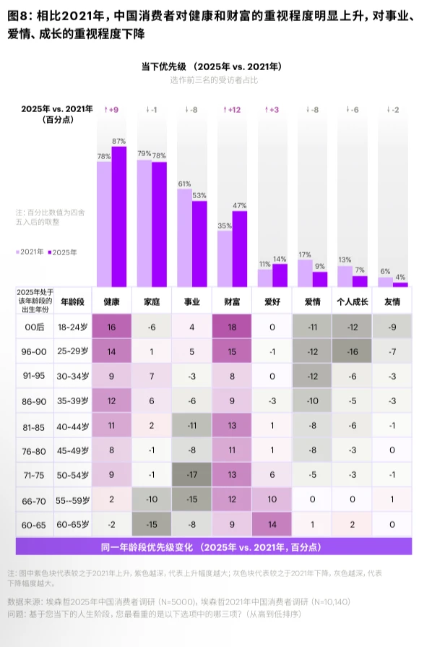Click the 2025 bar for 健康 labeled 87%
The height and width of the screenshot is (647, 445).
tap(119, 217)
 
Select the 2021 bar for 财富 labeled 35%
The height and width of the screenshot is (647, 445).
tap(225, 259)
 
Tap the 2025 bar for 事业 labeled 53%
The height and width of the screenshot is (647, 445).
tap(199, 244)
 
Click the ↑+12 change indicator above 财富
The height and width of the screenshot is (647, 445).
tap(233, 109)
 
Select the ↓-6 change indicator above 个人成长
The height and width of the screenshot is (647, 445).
tap(353, 109)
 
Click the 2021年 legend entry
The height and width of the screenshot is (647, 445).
tap(30, 252)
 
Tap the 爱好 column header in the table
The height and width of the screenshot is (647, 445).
tap(272, 301)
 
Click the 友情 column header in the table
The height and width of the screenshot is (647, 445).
tap(392, 301)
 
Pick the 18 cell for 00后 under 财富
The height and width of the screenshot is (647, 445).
tap(232, 327)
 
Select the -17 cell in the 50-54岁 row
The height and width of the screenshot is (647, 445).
tap(192, 475)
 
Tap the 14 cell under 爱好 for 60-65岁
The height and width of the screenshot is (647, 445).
tap(272, 523)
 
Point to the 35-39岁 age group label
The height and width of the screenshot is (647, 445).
tap(73, 400)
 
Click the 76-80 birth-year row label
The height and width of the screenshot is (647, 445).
tap(34, 450)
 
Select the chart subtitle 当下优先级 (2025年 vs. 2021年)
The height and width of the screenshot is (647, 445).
tap(212, 67)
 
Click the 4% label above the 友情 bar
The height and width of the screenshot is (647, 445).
tap(400, 277)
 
